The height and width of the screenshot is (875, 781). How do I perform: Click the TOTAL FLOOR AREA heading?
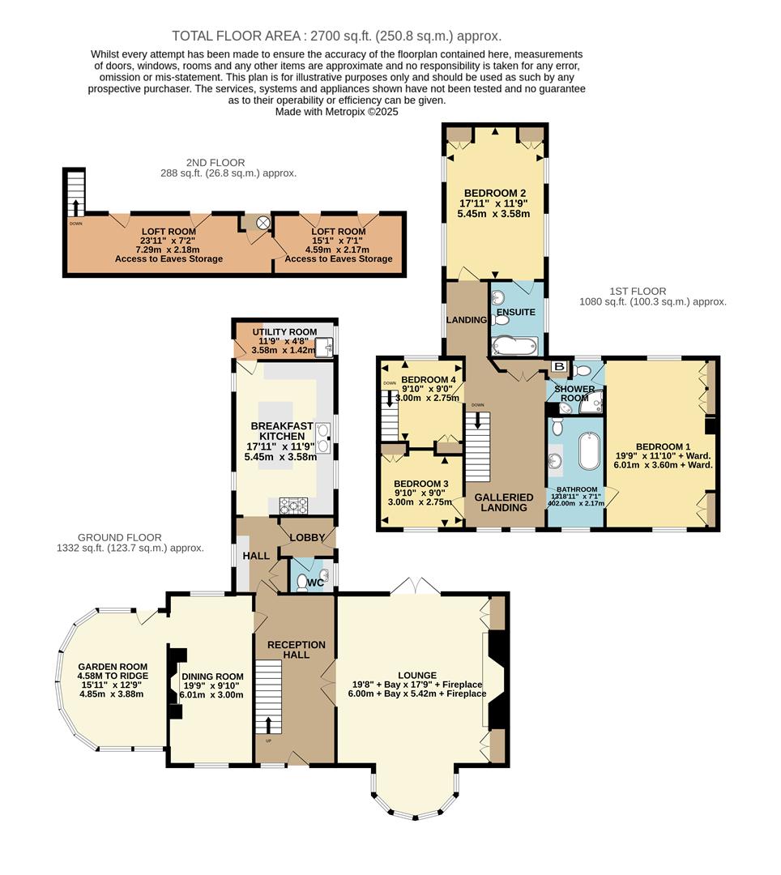tap(336, 36)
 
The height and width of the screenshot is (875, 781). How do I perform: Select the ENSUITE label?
tap(516, 312)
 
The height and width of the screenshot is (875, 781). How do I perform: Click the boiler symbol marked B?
tap(558, 367)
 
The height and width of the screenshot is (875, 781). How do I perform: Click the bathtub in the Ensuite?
tap(514, 346)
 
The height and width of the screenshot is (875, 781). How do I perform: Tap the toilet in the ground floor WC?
tap(301, 580)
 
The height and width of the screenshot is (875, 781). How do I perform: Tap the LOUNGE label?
tap(417, 675)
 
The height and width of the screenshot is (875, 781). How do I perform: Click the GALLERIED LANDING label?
tap(503, 502)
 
